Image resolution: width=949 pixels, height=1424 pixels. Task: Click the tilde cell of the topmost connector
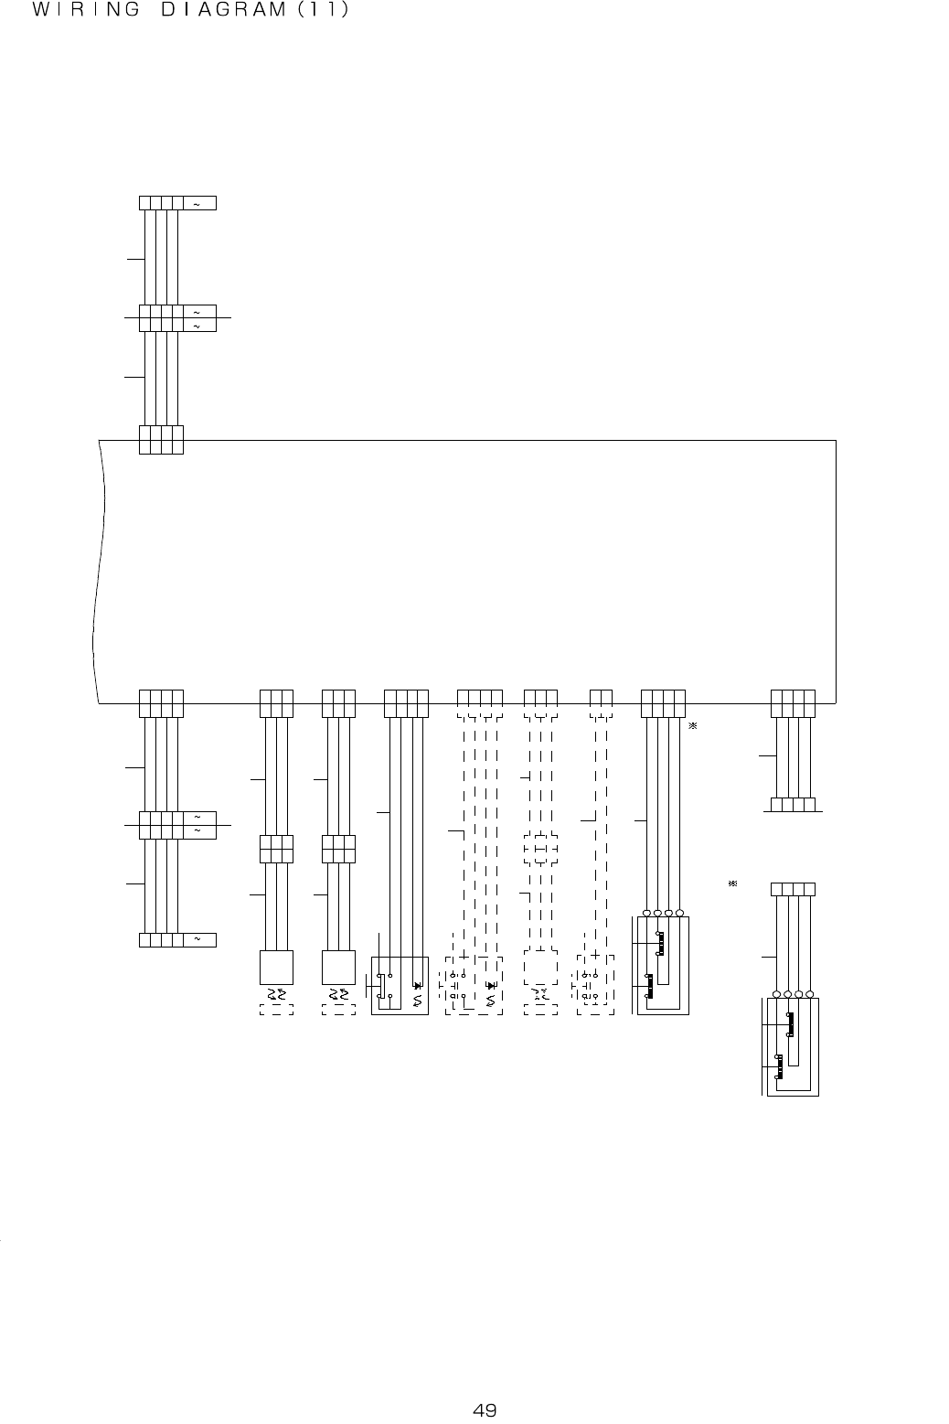click(199, 203)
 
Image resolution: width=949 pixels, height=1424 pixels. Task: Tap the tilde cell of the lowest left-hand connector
click(199, 939)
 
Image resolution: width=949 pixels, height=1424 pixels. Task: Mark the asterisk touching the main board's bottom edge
click(692, 726)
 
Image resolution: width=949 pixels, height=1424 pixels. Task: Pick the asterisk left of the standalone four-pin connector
click(732, 884)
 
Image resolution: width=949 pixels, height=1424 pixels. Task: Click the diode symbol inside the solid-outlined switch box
click(418, 986)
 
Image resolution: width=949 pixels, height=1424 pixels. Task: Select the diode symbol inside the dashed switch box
click(491, 986)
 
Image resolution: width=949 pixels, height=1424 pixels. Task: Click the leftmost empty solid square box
click(276, 967)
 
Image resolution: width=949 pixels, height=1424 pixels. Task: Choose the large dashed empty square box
click(540, 967)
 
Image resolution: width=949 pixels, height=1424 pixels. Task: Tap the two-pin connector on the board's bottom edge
click(601, 702)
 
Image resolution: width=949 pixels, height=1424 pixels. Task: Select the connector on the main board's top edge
click(161, 440)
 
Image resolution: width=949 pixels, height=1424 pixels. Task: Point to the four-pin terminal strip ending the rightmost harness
click(793, 805)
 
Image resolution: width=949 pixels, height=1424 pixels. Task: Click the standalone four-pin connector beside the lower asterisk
click(793, 889)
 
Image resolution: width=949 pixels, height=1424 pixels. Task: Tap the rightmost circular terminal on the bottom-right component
click(810, 994)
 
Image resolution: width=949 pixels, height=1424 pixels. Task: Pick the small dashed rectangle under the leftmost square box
click(276, 1010)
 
